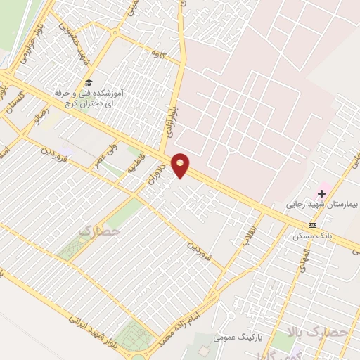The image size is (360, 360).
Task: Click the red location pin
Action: coord(181,165)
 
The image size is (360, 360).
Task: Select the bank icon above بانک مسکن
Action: coord(312,226)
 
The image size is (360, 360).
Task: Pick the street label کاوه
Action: coord(157,53)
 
